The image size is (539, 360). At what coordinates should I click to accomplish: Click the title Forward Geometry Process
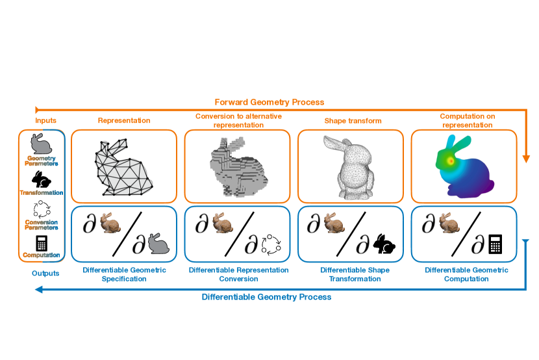(269, 102)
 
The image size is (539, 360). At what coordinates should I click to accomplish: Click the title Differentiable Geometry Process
(266, 297)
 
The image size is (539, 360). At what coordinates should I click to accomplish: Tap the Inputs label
(45, 120)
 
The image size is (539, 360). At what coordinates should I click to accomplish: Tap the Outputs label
(45, 274)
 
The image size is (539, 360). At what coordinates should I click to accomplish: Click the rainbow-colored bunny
(465, 166)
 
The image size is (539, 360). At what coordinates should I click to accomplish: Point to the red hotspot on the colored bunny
(451, 161)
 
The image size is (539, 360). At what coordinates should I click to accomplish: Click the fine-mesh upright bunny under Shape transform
(349, 168)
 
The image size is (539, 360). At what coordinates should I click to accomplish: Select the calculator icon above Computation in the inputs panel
(42, 243)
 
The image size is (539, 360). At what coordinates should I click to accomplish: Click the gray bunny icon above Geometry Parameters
(42, 144)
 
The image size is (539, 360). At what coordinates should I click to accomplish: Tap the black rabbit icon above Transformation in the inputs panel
(42, 179)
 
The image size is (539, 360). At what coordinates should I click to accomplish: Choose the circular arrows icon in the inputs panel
(42, 209)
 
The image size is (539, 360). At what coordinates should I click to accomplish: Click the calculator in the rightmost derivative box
(495, 244)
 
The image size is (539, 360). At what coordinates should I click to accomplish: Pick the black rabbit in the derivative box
(384, 244)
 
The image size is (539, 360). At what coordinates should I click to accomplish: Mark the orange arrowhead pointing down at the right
(526, 159)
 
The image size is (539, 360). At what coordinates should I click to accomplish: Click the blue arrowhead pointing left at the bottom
(39, 290)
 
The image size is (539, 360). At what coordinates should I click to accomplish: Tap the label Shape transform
(353, 121)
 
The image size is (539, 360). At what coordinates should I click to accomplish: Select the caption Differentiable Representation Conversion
(238, 274)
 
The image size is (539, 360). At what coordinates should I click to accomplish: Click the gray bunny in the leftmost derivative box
(158, 244)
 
